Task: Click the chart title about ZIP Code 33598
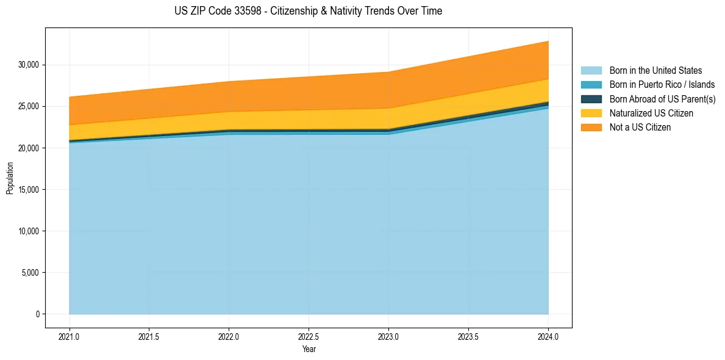point(308,11)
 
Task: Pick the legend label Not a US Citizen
point(640,128)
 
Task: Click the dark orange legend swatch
point(591,128)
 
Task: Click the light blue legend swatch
point(591,71)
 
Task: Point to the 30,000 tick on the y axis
point(29,65)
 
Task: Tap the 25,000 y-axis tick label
point(29,106)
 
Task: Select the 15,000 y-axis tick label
point(29,190)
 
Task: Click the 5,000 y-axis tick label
point(30,273)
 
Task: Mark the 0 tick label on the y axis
point(37,314)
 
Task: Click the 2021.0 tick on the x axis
point(70,336)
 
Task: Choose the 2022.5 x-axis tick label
point(309,336)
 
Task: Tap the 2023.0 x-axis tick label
point(388,336)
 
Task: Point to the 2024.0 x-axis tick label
point(548,336)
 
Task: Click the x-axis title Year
point(309,349)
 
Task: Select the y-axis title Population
point(10,178)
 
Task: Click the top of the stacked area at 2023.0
point(388,72)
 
